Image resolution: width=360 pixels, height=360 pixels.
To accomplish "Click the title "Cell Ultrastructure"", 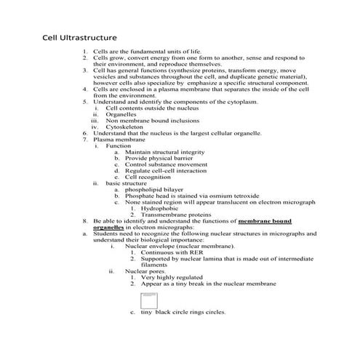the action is point(79,36).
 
